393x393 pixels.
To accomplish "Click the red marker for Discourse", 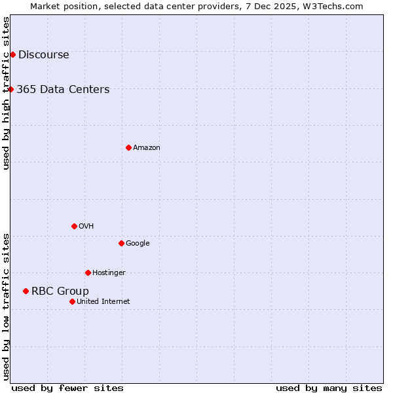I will tap(12, 54).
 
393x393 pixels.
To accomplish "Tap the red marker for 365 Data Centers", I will tap(11, 89).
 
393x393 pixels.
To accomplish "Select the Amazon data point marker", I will tap(128, 147).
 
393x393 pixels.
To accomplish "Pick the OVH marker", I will tap(74, 226).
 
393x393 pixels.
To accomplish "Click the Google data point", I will tap(121, 243).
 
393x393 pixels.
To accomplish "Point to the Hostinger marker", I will tap(88, 272).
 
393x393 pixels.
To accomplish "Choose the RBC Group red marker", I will tap(26, 291).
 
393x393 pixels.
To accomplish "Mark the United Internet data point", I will tap(72, 301).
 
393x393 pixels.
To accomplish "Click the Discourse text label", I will tap(43, 55).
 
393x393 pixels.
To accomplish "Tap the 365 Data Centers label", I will tap(63, 90).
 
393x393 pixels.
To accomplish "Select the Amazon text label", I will tap(147, 148).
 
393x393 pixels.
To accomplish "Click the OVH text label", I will tap(86, 227).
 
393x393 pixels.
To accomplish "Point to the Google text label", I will tap(138, 244).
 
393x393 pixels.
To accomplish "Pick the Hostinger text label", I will tap(109, 273).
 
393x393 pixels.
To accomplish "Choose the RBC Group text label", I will tap(60, 291).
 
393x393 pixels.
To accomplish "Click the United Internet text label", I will tap(103, 302).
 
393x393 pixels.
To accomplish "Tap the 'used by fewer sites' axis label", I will tap(67, 388).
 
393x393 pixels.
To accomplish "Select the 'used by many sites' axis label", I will tap(329, 388).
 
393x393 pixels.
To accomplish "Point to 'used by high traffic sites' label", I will tap(6, 93).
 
